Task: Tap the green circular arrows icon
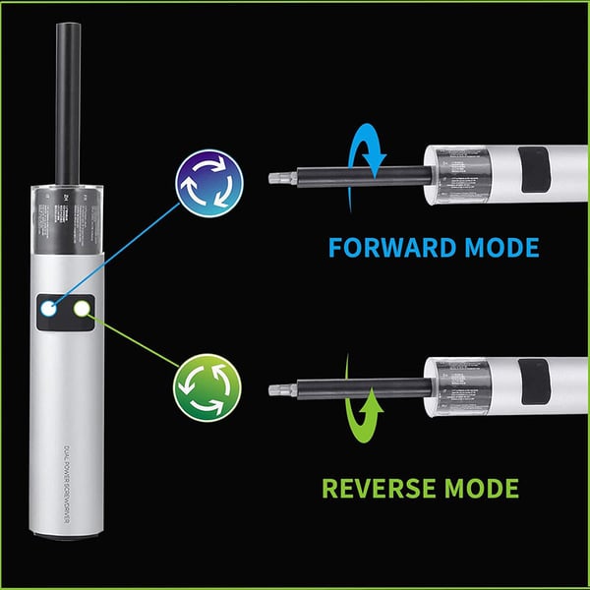click(207, 388)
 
